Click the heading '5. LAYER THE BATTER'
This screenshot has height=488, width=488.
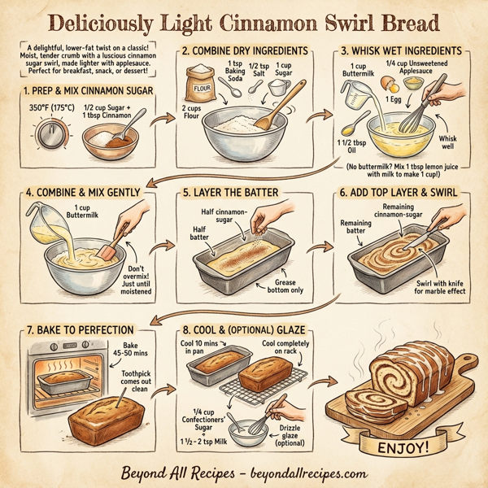click(x=230, y=193)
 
